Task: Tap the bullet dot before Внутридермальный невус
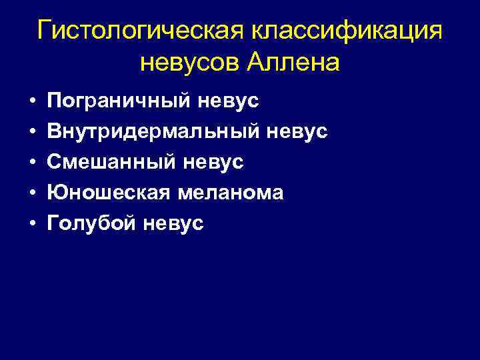31,133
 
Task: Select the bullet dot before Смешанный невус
31,163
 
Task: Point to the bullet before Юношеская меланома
31,193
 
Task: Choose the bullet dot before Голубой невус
31,224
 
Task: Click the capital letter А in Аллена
257,63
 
